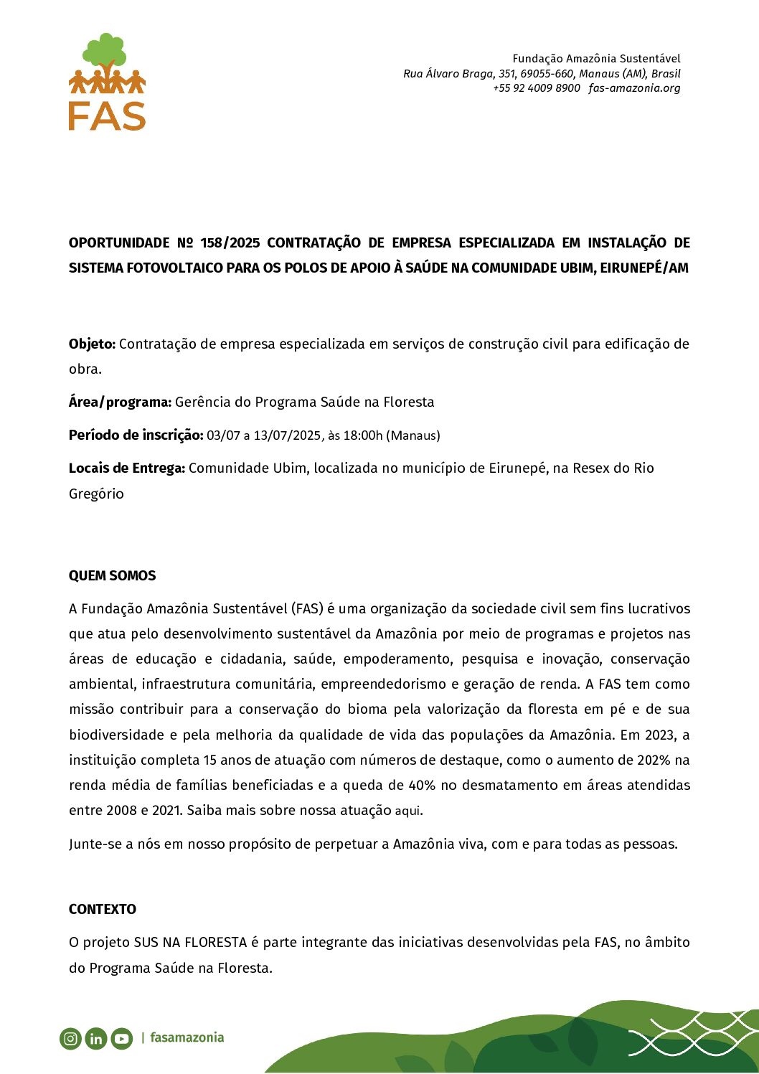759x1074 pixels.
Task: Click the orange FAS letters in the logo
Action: tap(107, 116)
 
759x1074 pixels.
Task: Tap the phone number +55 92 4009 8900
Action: tap(536, 88)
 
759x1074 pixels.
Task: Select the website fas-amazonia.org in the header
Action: tap(634, 88)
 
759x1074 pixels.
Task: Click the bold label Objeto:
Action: tap(92, 344)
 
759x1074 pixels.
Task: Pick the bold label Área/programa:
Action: tap(120, 402)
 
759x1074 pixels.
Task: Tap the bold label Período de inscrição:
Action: tap(136, 435)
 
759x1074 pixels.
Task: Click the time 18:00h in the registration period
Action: tap(363, 435)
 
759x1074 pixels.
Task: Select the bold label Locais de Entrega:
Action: tap(126, 468)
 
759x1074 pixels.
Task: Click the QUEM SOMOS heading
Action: tap(112, 576)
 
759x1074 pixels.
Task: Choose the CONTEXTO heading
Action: tap(102, 910)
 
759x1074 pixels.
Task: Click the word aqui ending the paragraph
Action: tap(407, 811)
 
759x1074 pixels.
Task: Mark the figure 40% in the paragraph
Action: tap(421, 786)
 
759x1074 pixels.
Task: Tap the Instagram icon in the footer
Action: tap(70, 1038)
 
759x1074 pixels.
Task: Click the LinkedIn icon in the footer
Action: tap(96, 1038)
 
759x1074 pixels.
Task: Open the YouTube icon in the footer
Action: tap(121, 1038)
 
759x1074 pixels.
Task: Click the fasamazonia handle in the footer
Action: tap(187, 1037)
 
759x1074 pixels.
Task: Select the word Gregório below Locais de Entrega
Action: tap(96, 494)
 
